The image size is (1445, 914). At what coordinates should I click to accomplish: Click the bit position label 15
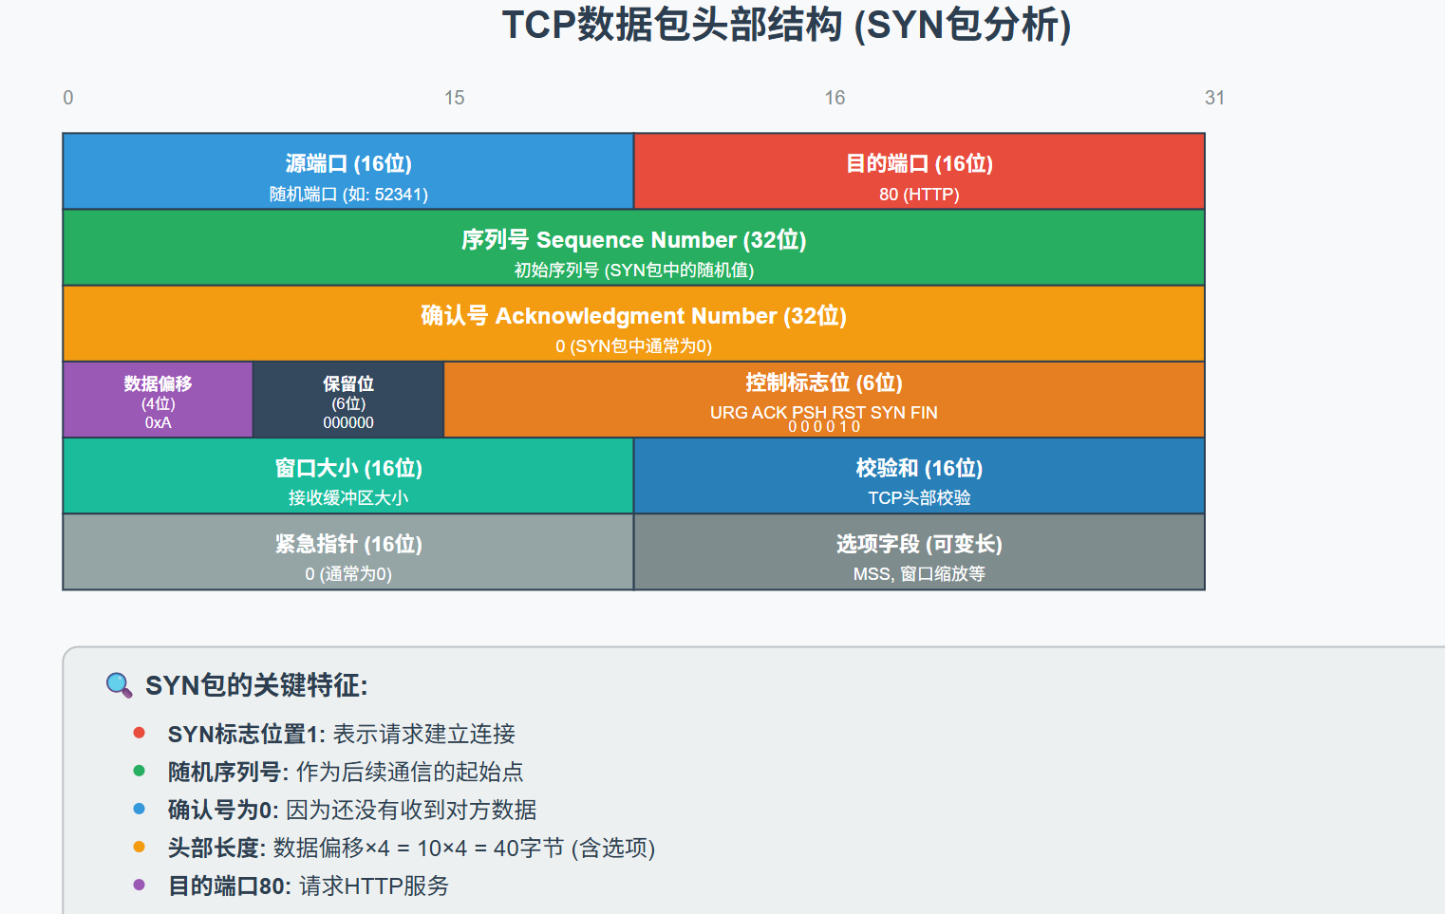(454, 98)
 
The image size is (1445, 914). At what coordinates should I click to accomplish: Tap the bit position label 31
(1214, 98)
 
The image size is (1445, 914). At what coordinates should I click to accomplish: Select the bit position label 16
(835, 98)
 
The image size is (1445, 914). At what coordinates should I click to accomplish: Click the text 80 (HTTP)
(918, 195)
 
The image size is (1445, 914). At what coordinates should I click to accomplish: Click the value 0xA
(158, 422)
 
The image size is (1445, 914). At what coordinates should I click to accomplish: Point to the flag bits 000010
(823, 427)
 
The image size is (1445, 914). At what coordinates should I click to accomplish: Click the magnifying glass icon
(119, 684)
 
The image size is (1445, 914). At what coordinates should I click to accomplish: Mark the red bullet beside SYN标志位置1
(140, 733)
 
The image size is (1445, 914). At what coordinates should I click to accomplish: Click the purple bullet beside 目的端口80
(140, 885)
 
